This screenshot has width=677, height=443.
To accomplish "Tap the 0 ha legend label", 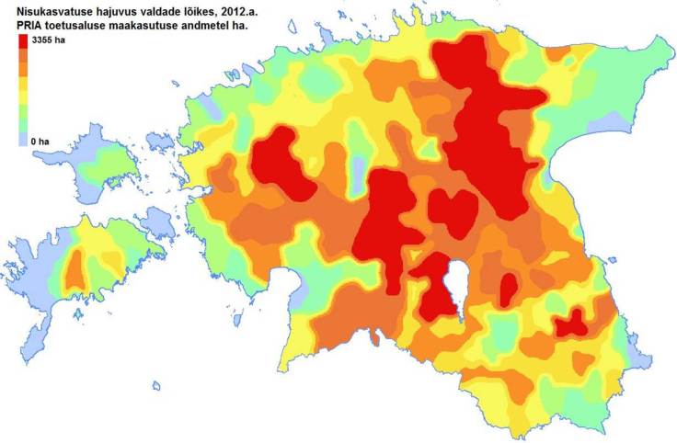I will click(x=40, y=142).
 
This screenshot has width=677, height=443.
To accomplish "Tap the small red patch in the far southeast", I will click(x=571, y=323).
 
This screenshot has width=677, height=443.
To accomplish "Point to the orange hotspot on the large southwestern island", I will click(x=76, y=269).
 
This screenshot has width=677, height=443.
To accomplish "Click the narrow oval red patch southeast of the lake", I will click(x=507, y=290).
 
